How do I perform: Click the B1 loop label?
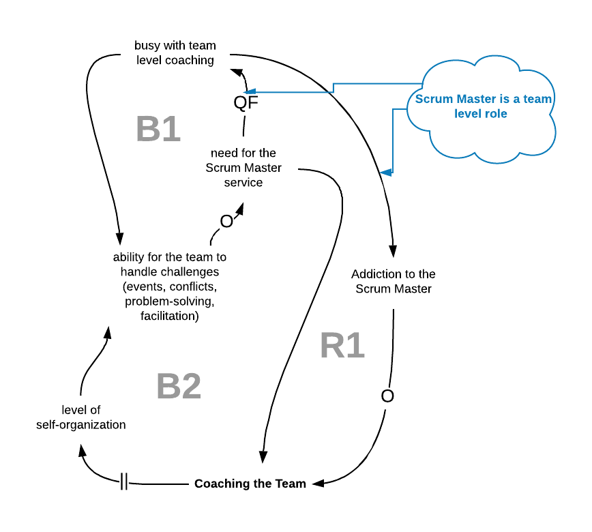click(x=158, y=129)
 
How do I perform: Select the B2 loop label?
click(x=179, y=386)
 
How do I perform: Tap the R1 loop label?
click(x=342, y=346)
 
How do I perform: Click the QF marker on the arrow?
click(x=246, y=102)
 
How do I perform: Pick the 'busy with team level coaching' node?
click(x=175, y=53)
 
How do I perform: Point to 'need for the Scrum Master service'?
click(x=243, y=168)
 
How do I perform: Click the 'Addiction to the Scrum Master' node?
click(x=394, y=281)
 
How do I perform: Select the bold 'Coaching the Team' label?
click(x=250, y=484)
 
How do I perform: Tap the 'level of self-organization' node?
click(x=80, y=417)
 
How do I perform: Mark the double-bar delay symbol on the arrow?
click(x=124, y=482)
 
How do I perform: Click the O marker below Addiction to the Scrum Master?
click(x=387, y=396)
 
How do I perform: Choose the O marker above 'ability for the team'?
click(x=226, y=222)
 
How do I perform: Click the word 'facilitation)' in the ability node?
click(x=170, y=316)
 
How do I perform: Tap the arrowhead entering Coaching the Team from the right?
click(x=319, y=484)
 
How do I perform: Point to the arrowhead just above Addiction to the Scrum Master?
click(x=393, y=252)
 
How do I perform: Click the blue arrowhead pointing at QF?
click(x=250, y=92)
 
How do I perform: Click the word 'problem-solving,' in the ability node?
click(x=170, y=301)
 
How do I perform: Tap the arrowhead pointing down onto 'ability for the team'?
click(x=119, y=239)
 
